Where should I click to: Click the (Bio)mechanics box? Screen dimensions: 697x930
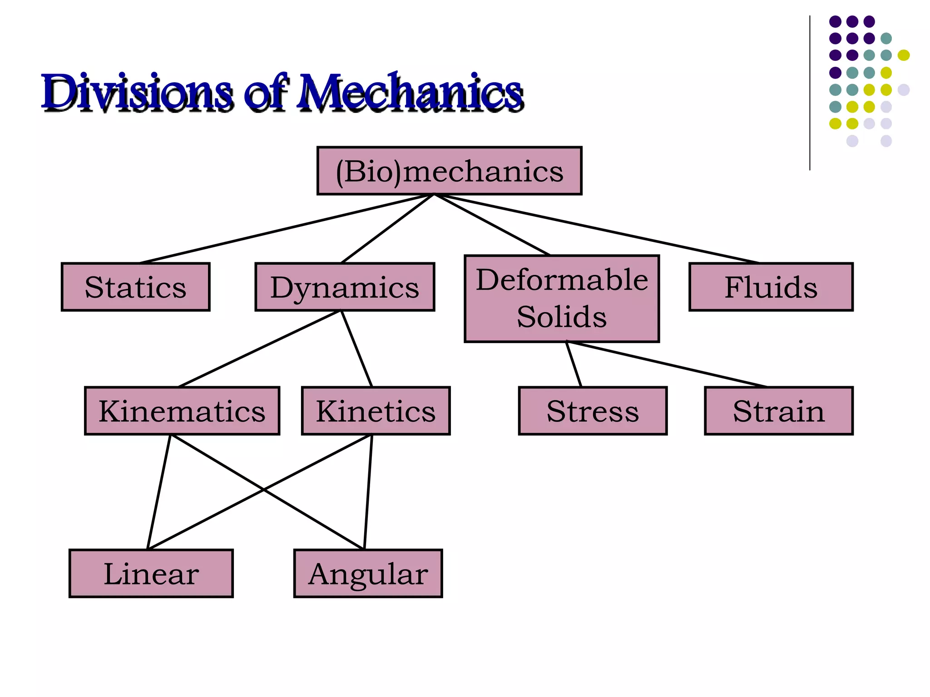pos(449,171)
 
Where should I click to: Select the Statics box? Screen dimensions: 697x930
pos(135,287)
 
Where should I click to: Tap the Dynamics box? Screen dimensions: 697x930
pos(345,287)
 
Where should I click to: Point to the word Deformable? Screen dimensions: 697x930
pos(562,280)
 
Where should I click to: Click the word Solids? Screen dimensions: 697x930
pos(562,317)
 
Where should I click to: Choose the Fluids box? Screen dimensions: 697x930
pos(771,287)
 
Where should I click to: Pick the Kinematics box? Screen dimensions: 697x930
pos(182,411)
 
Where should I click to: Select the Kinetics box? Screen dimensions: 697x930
pos(376,411)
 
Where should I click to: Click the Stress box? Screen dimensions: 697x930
pos(593,411)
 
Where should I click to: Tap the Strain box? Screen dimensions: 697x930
pos(778,411)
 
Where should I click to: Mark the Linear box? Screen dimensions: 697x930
pos(151,574)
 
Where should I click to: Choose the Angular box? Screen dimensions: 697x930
pos(368,574)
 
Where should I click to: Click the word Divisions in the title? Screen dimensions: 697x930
pos(136,93)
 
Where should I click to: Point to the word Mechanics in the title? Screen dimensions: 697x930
pos(409,93)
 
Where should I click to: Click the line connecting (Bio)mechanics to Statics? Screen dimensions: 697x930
pos(286,229)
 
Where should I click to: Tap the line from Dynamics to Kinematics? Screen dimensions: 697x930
pos(260,348)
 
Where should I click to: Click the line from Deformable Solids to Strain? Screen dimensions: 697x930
pos(667,364)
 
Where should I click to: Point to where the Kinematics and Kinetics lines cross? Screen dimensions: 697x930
pos(263,490)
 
